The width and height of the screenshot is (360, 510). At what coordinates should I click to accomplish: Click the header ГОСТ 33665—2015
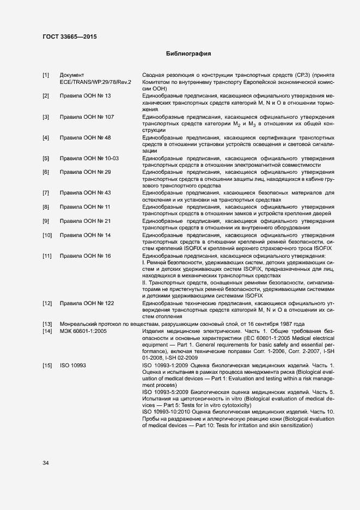(71, 37)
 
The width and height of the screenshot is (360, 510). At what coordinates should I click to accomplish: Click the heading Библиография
(188, 54)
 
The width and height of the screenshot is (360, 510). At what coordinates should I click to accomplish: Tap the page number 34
(46, 463)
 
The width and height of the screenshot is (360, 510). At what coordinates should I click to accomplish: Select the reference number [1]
(46, 75)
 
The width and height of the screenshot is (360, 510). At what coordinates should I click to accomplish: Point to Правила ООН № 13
(85, 96)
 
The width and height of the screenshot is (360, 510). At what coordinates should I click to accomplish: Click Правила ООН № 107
(87, 117)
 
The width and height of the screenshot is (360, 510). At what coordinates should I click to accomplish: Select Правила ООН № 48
(85, 138)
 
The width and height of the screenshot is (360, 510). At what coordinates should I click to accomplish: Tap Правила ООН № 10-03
(89, 159)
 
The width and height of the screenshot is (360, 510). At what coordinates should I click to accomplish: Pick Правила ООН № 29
(85, 172)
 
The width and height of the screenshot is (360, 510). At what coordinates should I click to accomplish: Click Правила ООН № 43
(85, 193)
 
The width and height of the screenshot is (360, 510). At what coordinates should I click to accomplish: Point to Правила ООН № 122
(87, 303)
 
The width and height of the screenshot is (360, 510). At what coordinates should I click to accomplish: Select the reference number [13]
(47, 324)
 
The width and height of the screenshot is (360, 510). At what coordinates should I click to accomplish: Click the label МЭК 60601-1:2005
(83, 331)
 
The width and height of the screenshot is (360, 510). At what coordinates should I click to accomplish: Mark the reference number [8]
(46, 207)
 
